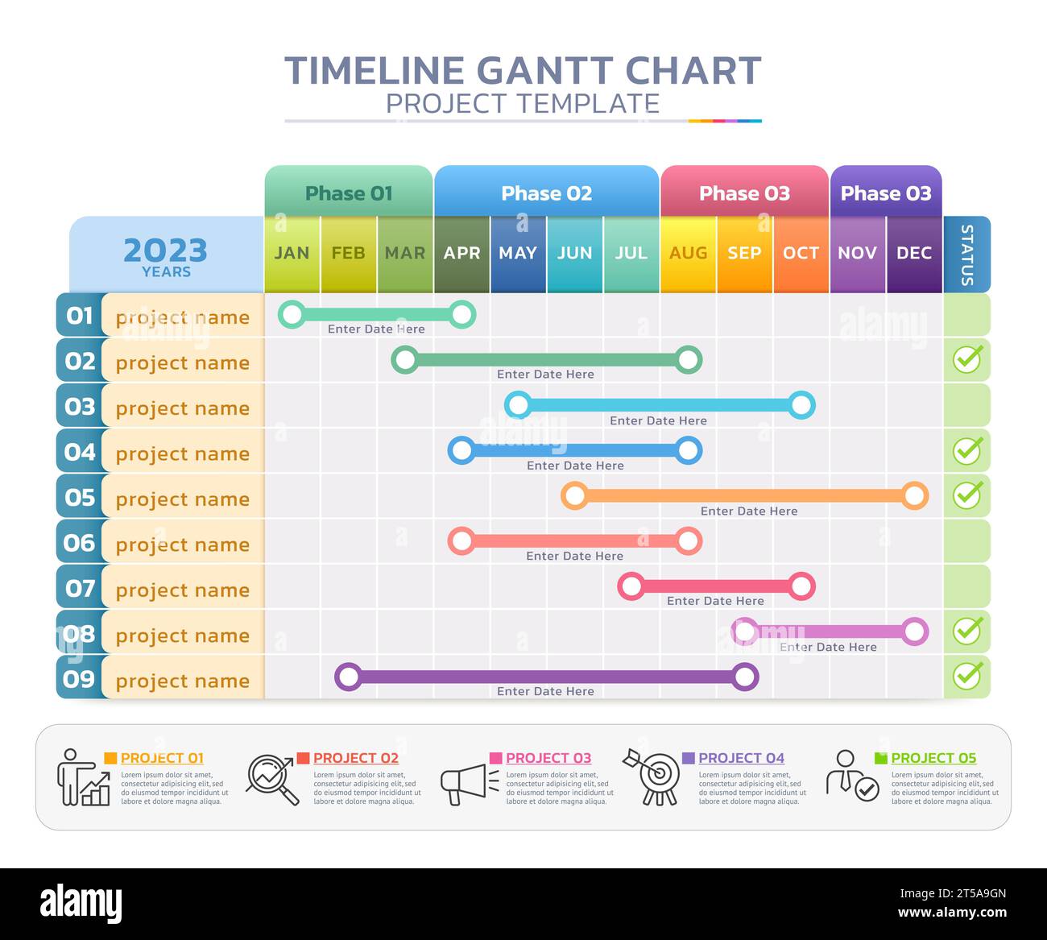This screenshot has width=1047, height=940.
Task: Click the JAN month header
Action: (x=292, y=253)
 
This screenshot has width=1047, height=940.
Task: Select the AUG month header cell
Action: (x=688, y=253)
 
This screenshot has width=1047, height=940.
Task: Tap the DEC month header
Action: (x=914, y=253)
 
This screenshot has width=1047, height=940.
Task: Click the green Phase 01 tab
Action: (x=349, y=193)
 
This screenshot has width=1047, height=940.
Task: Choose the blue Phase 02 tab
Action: (x=546, y=193)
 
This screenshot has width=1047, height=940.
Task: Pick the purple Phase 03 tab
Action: (x=885, y=193)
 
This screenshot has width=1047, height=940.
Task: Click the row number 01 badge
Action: (x=79, y=315)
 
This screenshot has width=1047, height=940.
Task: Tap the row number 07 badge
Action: (x=79, y=588)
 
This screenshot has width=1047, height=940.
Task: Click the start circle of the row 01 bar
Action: (x=292, y=314)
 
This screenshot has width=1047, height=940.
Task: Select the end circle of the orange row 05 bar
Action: (x=914, y=495)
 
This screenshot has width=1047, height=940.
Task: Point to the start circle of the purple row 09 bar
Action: (x=348, y=677)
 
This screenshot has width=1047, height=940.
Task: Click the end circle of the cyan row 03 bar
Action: (x=801, y=405)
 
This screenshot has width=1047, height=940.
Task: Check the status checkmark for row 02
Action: (x=967, y=358)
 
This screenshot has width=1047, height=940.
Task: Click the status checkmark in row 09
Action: (x=967, y=675)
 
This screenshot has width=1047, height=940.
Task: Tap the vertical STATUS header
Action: (x=966, y=255)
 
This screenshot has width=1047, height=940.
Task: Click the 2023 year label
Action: (x=166, y=251)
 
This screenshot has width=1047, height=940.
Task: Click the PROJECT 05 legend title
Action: (x=933, y=758)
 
